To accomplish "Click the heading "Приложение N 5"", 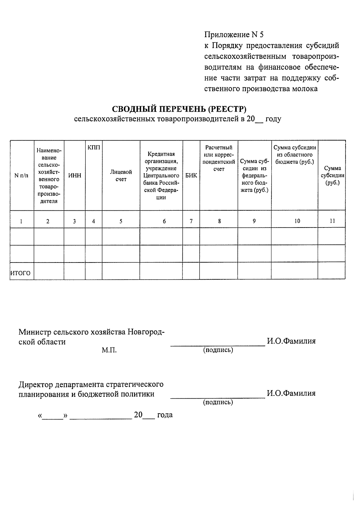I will pos(234,35).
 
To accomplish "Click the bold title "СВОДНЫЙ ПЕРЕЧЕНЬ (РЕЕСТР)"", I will pos(179,108).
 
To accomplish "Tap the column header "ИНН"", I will pos(75,176).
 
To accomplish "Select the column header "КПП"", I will pos(94,148).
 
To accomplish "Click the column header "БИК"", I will pos(191,176).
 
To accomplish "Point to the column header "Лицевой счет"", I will pos(121,176).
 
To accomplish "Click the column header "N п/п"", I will pos(22,176).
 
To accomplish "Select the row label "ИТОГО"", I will pos(20,273).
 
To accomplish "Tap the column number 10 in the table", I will pos(297,221).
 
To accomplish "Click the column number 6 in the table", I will pos(164,221).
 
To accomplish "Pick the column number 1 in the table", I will pos(21,221).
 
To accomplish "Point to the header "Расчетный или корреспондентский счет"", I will pos(219,158).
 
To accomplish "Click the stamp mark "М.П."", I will pos(109,350).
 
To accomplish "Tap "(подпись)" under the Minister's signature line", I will pos(218,350).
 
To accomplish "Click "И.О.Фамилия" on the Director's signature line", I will pos(291,393).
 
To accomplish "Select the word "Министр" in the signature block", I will pos(35,332).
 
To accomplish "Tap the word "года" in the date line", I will pos(165,415).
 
